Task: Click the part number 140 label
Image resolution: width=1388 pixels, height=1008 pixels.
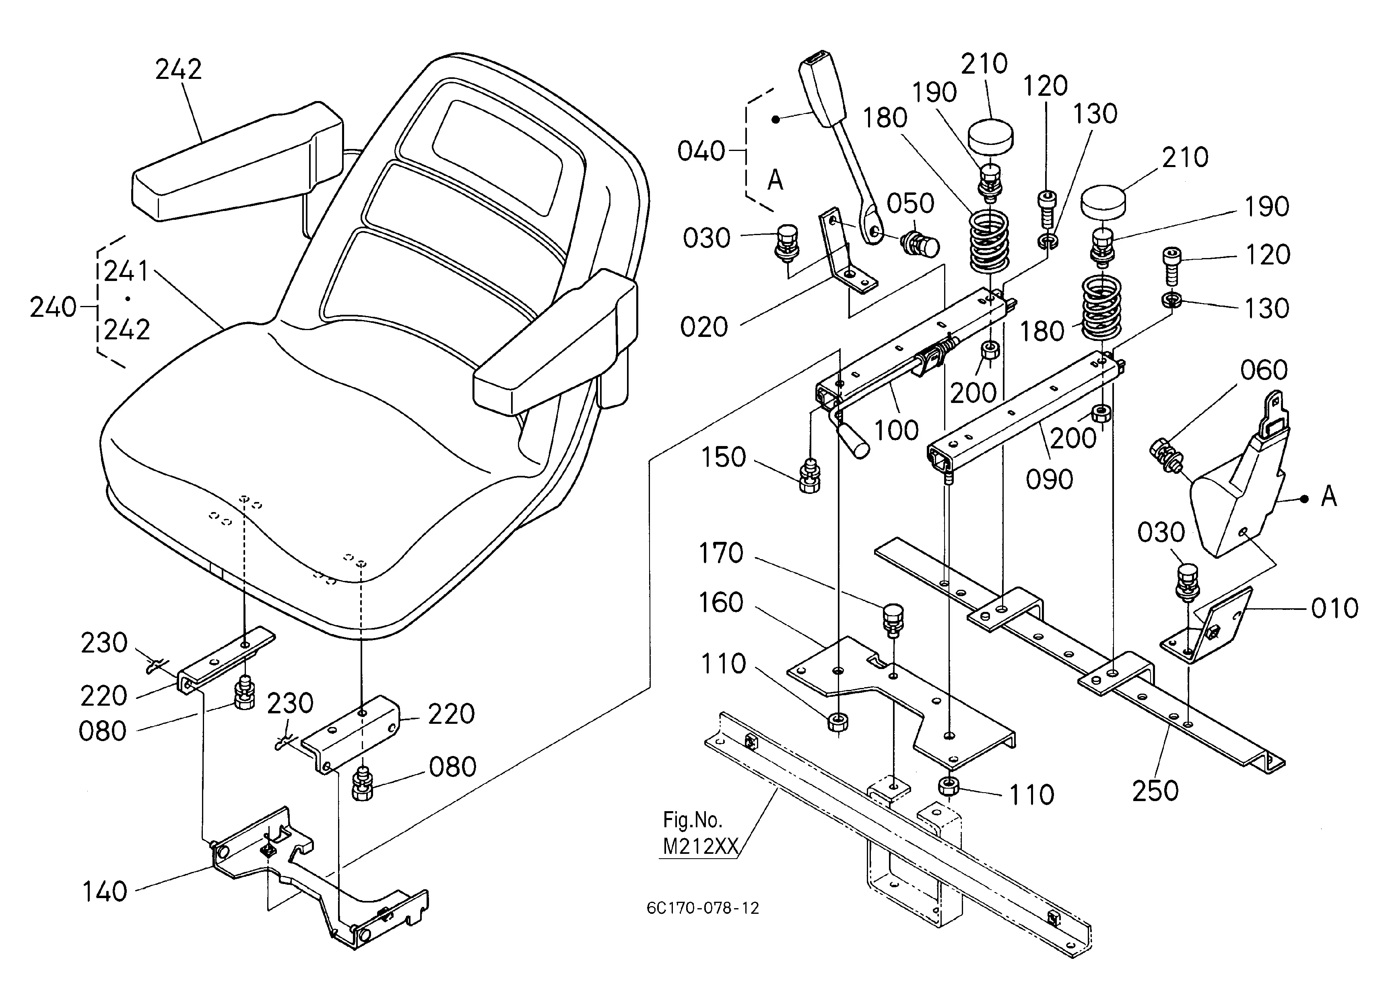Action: pos(105,892)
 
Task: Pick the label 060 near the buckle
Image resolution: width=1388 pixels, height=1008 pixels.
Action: pos(1264,370)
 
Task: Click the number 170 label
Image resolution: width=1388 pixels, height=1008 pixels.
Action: pos(721,553)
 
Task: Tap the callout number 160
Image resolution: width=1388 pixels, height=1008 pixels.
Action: pos(721,603)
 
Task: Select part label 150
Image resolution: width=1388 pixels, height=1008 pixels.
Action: pos(723,457)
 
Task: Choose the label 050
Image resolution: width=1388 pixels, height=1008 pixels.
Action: pos(911,204)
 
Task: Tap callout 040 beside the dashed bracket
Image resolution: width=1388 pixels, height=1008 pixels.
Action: pos(701,151)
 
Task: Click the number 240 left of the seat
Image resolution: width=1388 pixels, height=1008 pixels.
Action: pos(53,307)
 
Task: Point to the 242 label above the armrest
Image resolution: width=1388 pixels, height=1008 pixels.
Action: pos(178,70)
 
